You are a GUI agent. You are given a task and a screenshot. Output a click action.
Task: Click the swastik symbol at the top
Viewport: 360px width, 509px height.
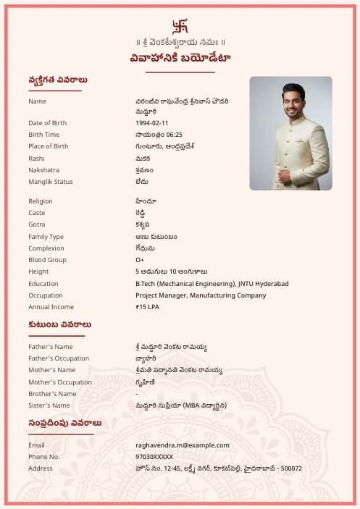pos(180,27)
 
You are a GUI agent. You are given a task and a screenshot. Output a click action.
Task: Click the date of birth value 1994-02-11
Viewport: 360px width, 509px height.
pos(151,123)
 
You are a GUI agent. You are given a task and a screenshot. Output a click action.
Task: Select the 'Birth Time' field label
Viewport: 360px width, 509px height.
pos(43,135)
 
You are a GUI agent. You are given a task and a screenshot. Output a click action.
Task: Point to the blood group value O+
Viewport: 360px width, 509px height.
pos(140,260)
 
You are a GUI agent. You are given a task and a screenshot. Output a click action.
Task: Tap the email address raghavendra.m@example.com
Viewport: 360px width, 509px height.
pos(182,445)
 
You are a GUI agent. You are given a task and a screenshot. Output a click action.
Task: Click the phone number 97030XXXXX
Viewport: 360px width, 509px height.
pos(154,457)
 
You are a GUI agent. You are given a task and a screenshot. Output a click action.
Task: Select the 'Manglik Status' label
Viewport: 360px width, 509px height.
pos(51,182)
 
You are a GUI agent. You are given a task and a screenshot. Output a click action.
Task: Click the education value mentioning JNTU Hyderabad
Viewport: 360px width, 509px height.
pos(212,284)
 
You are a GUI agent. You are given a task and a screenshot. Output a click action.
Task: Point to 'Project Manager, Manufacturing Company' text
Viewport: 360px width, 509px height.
pos(200,295)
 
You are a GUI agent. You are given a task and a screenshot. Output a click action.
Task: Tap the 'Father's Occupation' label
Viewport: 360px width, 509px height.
pos(59,358)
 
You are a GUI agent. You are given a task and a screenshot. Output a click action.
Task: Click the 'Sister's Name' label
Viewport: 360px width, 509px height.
pos(49,405)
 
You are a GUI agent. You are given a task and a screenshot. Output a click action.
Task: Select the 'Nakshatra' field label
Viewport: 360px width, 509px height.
pos(43,170)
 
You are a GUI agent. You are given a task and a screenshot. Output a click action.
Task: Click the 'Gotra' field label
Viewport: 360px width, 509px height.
pos(37,224)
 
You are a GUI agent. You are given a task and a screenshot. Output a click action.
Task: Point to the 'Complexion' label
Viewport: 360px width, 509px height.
pos(46,248)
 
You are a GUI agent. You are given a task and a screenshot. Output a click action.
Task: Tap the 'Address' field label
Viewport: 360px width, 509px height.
pos(41,468)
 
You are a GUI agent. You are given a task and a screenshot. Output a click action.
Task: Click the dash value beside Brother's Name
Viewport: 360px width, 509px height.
pos(137,394)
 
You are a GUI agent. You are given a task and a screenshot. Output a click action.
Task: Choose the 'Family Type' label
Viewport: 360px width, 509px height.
pos(46,237)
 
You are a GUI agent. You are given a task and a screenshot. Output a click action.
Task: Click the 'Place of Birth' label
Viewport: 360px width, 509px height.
pos(49,146)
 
